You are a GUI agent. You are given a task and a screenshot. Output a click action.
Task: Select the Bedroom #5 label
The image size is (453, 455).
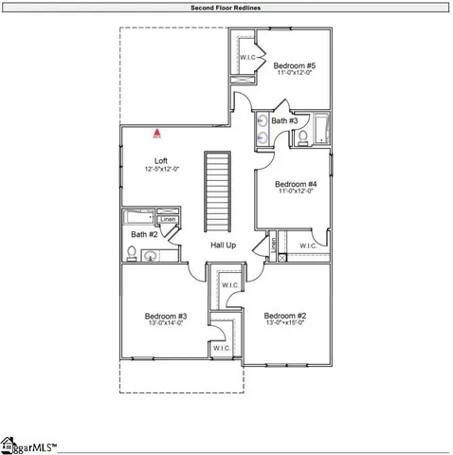[x=294, y=66]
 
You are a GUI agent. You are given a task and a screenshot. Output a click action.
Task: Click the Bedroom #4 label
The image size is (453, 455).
[x=295, y=184]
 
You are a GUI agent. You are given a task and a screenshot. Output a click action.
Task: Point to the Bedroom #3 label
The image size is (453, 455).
[x=165, y=316]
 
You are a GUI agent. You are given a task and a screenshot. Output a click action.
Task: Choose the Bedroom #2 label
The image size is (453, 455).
[x=284, y=316]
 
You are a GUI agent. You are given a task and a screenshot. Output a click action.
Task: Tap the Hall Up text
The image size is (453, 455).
[x=224, y=246]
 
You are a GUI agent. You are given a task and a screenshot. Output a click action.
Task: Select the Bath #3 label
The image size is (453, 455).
[x=284, y=121]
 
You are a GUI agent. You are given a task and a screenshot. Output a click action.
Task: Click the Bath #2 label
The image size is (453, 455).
[x=144, y=234]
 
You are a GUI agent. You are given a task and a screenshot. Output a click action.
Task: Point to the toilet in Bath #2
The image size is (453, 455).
[x=132, y=253]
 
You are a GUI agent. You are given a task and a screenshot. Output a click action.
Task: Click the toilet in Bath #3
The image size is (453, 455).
[x=302, y=139]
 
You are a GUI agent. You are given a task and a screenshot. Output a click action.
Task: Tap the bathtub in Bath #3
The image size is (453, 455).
[x=323, y=129]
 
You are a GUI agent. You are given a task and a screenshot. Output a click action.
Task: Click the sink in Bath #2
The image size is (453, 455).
[x=151, y=254]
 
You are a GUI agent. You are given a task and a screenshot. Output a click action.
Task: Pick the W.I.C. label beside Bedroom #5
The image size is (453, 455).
[x=250, y=57]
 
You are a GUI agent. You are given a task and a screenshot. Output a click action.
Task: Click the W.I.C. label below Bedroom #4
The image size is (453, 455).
[x=309, y=246]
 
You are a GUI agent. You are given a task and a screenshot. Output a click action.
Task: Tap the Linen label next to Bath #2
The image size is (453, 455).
[x=168, y=220]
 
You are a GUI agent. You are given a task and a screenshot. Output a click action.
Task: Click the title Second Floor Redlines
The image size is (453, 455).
[x=226, y=7]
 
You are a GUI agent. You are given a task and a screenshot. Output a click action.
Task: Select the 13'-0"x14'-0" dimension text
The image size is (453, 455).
[x=165, y=324]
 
